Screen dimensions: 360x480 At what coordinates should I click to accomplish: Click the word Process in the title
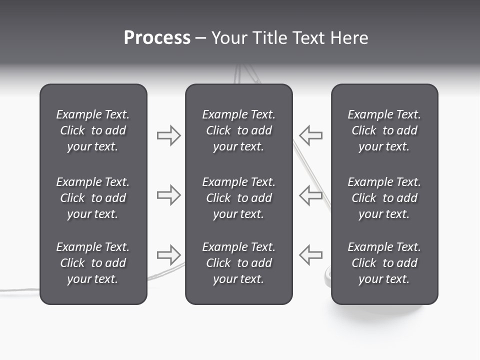click(157, 38)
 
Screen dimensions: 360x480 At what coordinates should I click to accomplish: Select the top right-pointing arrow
click(168, 135)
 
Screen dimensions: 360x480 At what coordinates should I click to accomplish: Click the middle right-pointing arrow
click(168, 195)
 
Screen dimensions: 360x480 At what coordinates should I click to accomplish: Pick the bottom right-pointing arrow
click(168, 255)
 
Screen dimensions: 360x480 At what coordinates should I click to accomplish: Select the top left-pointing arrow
click(311, 135)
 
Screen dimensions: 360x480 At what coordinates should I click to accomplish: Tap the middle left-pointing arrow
click(311, 195)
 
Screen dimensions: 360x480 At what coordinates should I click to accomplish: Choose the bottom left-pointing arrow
click(311, 255)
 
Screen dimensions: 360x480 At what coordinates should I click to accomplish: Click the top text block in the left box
click(93, 130)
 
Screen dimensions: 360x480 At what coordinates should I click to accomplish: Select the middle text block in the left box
click(93, 198)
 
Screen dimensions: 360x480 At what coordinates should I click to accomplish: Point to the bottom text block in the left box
click(93, 263)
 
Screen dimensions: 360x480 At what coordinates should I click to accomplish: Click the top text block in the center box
click(238, 130)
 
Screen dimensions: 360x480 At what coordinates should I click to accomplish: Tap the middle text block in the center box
click(238, 198)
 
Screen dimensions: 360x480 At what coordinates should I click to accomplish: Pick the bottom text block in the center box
click(238, 263)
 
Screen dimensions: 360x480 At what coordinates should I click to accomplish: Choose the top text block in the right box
click(384, 130)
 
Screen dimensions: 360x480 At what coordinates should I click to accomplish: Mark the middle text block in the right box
click(384, 198)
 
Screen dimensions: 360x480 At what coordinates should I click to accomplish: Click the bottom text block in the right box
click(384, 263)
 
